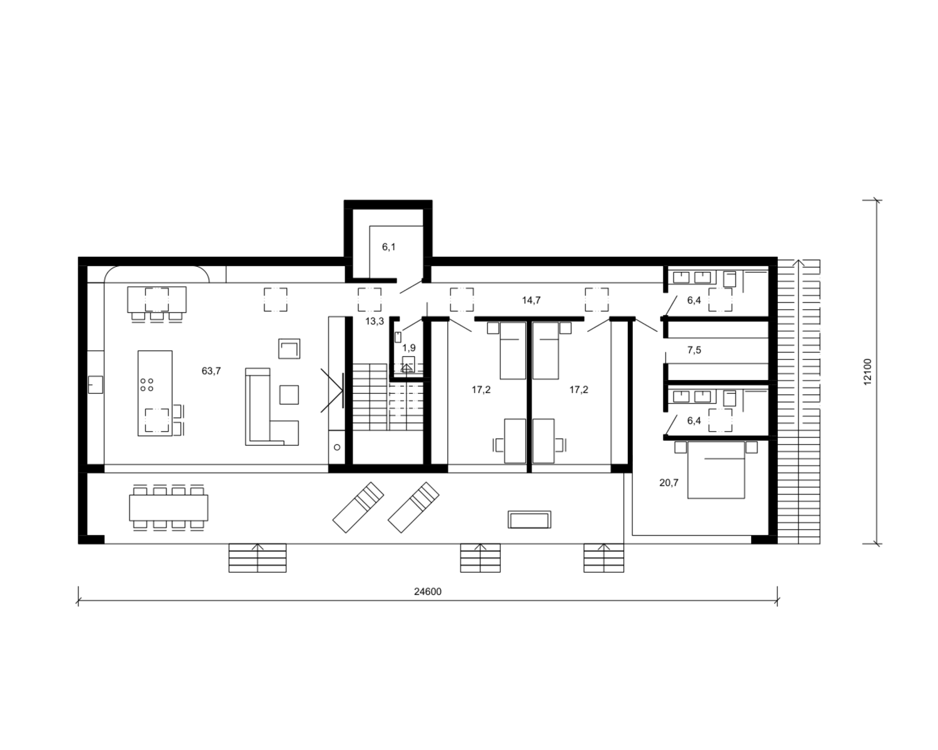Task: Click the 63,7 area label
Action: point(211,371)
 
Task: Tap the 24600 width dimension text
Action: point(428,591)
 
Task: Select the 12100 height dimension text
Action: point(867,372)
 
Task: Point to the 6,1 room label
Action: point(389,247)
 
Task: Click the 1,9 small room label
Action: point(409,347)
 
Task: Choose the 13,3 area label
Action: point(375,322)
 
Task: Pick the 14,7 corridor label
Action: point(532,300)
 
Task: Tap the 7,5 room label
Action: point(694,350)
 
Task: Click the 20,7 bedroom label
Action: point(669,483)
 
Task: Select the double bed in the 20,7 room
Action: point(716,470)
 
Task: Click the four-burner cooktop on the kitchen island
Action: point(147,385)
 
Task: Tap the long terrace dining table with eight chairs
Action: point(169,507)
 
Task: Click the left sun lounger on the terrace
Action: point(358,507)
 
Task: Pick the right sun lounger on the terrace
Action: point(413,507)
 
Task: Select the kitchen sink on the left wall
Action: point(96,385)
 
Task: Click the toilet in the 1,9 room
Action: point(408,364)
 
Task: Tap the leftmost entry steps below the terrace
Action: point(258,558)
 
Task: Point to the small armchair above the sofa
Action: point(290,349)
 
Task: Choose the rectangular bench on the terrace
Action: point(530,520)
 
